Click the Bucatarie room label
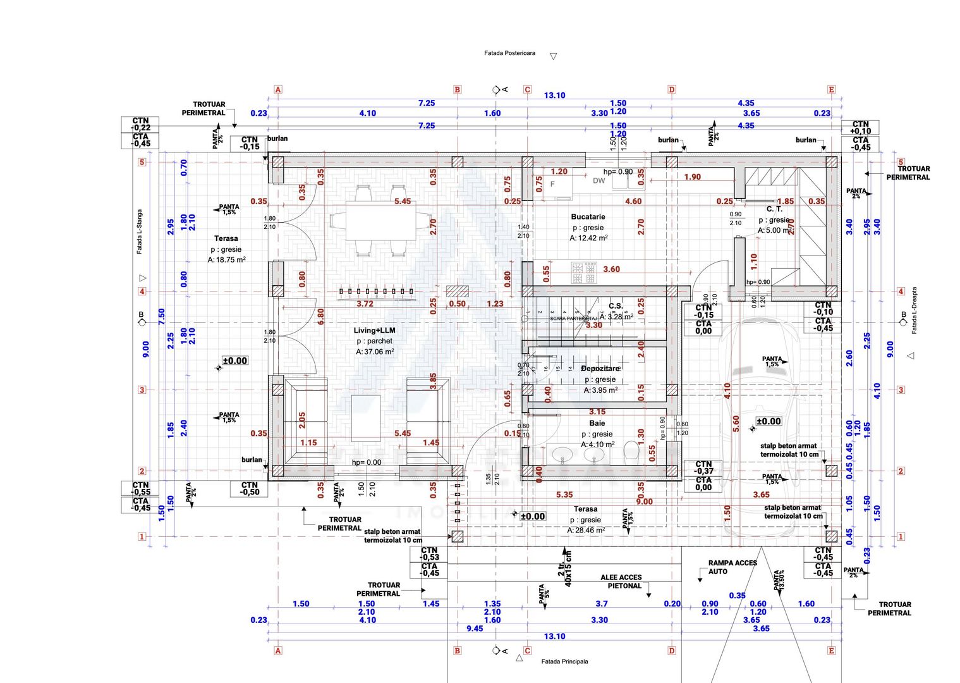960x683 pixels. pos(588,217)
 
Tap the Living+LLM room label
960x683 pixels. pos(374,330)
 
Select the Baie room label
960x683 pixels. pos(597,423)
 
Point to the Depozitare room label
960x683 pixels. pos(600,368)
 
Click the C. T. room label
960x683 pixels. pos(774,209)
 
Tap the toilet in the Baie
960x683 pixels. pos(631,451)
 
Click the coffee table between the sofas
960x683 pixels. pos(366,417)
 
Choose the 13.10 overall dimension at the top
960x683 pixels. pos(554,95)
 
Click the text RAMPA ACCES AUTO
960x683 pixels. pos(732,567)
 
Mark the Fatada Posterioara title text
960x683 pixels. pos(509,53)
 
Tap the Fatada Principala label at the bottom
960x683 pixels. pos(564,661)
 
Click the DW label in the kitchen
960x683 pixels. pos(598,181)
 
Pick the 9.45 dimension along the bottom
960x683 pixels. pos(475,628)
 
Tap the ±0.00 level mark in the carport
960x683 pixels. pos(769,421)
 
